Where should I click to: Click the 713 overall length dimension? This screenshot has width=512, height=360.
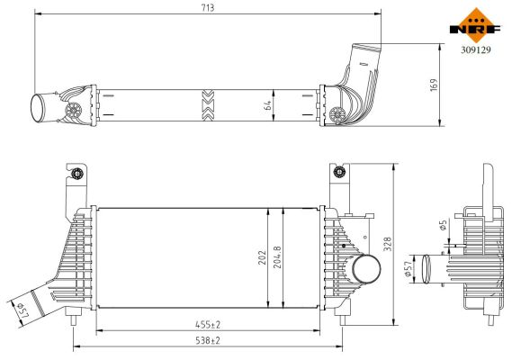[x=207, y=7]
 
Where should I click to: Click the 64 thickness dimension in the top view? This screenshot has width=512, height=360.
[x=267, y=104]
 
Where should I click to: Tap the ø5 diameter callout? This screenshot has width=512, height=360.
[x=444, y=226]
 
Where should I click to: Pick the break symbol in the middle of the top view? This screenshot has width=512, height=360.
[x=209, y=104]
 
